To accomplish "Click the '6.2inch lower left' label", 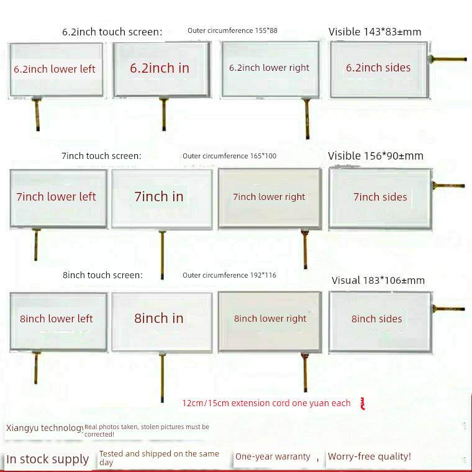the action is tap(55, 69).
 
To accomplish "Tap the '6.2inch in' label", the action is tap(160, 68).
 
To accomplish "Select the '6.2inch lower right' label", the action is tap(269, 68).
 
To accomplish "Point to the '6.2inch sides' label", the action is tap(378, 68).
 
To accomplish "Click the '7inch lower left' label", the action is tap(56, 197).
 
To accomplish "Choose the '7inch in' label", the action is tap(159, 197).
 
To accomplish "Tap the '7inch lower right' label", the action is tap(269, 197).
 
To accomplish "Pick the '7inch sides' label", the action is tap(380, 197).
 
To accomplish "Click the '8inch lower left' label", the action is tap(56, 319).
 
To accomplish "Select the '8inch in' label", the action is tap(159, 319).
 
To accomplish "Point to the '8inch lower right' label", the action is tap(270, 319).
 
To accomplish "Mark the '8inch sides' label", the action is tap(376, 319).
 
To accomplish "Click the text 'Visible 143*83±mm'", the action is tap(375, 32).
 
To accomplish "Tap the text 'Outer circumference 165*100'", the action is tap(229, 156).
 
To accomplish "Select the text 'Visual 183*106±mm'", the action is tap(378, 280).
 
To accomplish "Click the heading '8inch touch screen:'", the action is tap(102, 275).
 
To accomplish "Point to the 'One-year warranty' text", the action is tap(273, 456).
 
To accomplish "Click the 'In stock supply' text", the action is tap(48, 460).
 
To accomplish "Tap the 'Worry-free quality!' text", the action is tap(370, 456).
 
